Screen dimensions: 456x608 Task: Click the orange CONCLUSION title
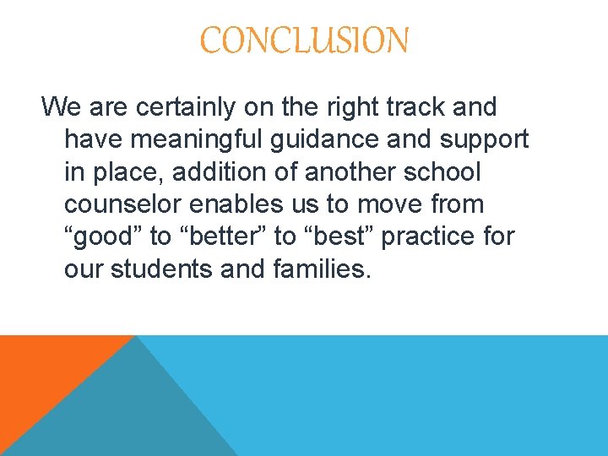point(304,40)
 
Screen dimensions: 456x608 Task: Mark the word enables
point(238,204)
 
